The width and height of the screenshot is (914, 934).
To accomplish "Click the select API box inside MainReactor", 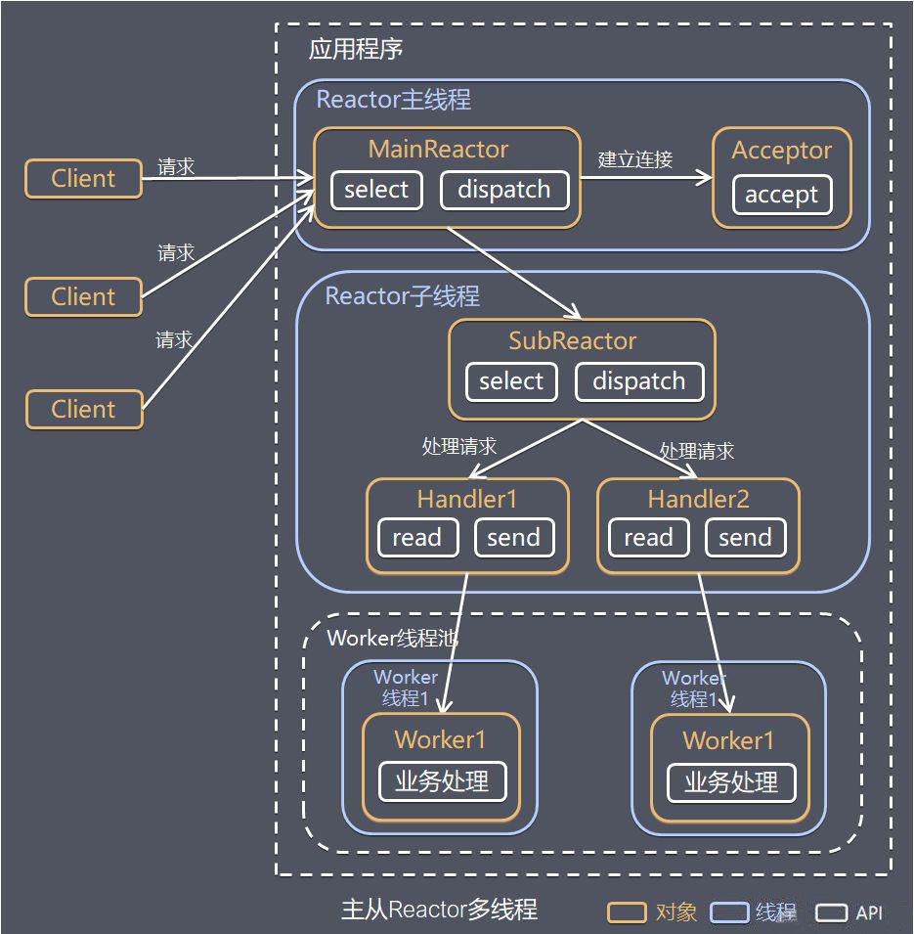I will (376, 190).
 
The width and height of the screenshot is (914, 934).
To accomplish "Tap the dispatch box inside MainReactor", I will (503, 190).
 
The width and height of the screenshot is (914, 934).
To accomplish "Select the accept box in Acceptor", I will (781, 195).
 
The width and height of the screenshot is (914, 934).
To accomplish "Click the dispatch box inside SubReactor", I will (638, 381).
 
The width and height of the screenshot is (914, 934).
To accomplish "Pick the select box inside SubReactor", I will (511, 381).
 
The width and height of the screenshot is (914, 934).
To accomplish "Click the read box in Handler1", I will (417, 538).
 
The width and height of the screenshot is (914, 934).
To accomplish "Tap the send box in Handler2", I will (745, 538).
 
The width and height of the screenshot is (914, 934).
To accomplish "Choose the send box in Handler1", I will (513, 538).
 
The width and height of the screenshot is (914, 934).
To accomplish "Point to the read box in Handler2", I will (648, 538).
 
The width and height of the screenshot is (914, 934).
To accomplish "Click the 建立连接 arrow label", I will (635, 159).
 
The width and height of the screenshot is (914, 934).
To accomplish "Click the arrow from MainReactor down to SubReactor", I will (514, 274).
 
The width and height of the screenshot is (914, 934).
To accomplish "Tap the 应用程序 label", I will (356, 50).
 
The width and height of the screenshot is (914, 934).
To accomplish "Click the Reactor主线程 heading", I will (393, 100).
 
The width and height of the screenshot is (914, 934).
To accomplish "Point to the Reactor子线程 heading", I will (403, 296).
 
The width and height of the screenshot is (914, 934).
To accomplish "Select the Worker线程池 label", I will (393, 639).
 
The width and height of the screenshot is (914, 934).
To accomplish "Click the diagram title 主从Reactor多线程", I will (439, 910).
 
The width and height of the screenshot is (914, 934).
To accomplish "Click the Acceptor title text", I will (781, 151).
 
